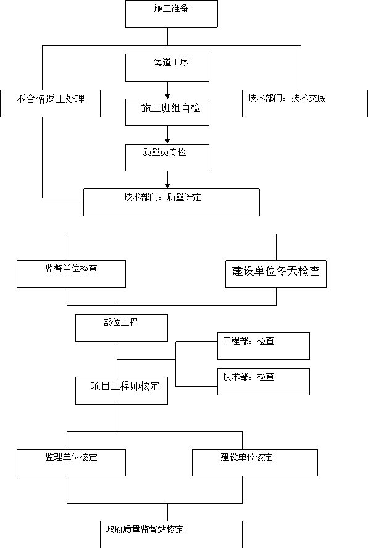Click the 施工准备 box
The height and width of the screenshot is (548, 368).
pos(172,14)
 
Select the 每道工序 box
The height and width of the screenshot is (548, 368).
pos(167,67)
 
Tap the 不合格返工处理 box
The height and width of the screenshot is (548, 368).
pos(50,103)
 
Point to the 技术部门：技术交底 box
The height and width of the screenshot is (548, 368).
pos(305,103)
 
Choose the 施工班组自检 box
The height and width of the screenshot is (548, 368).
pos(167,112)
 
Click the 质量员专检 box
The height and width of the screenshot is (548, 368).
pos(167,158)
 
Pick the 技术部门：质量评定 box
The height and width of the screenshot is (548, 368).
pos(172,203)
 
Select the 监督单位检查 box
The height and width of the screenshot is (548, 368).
pos(71,274)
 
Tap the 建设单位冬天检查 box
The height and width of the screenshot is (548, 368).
pos(276,274)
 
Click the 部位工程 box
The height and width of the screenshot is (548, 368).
pos(122,328)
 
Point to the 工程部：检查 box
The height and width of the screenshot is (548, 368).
pos(264,346)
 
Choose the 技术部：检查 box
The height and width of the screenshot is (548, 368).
pos(264,382)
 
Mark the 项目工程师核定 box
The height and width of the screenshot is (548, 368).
pos(122,390)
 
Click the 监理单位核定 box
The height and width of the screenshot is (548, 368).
pos(71,463)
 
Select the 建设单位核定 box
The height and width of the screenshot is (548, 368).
pos(255,463)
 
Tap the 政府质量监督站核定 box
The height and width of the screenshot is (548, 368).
pos(172,534)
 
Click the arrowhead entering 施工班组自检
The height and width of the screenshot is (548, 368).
pos(167,96)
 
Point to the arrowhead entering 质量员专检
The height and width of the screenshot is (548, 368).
pos(167,141)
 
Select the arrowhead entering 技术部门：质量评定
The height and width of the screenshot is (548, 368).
pos(167,187)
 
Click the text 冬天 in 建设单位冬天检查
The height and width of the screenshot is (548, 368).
pos(287,271)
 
